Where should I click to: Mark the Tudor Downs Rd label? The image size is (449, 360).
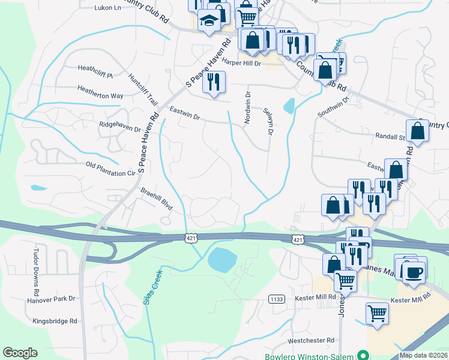[37, 263]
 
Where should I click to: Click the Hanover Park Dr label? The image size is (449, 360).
[50, 298]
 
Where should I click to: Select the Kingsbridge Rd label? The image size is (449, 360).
[55, 321]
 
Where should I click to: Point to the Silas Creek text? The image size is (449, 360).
[153, 287]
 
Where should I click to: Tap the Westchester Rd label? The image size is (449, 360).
[310, 340]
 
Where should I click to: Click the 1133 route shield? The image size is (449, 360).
[276, 298]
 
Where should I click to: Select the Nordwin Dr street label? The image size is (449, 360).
[247, 108]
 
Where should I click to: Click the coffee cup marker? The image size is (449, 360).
[413, 272]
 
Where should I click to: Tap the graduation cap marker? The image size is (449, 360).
[208, 21]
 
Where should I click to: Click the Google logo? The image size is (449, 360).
[20, 353]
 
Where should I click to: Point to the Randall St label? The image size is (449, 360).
[390, 136]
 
